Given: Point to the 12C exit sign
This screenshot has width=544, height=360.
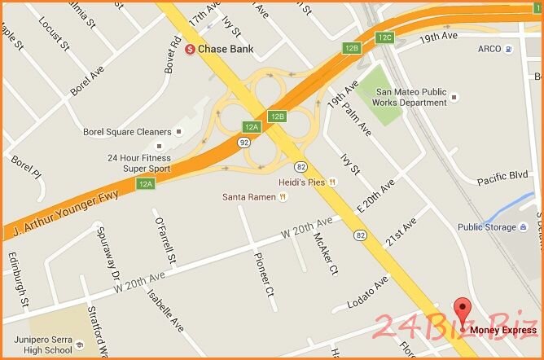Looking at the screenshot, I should [385, 37].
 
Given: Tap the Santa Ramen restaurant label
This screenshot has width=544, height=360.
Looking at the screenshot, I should [249, 197].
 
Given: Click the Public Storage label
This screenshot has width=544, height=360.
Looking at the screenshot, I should [486, 227].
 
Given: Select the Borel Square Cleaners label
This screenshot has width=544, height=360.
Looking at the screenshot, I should [127, 132].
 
